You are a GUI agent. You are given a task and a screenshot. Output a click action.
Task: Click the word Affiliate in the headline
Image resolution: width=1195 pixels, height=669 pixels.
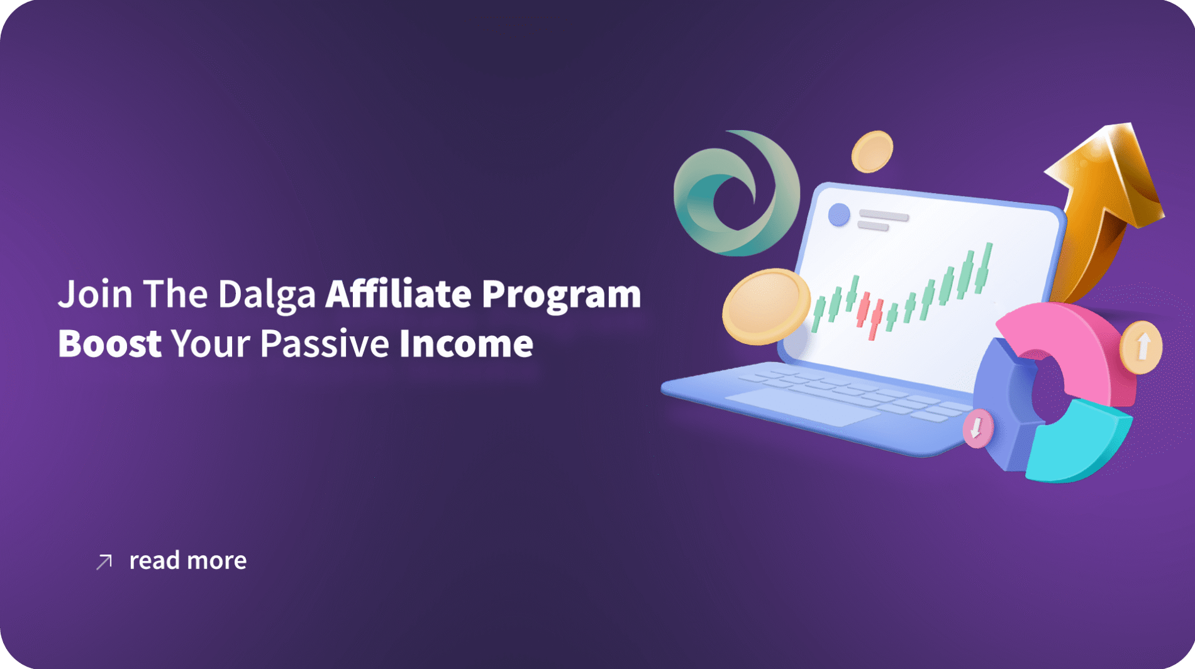tap(398, 294)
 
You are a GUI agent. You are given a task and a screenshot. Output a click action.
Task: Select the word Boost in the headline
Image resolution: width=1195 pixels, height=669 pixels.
tap(109, 343)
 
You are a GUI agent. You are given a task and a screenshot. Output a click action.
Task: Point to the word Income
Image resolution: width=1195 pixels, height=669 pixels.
tap(466, 343)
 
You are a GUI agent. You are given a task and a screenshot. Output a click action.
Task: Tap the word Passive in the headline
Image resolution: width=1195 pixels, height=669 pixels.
tap(325, 343)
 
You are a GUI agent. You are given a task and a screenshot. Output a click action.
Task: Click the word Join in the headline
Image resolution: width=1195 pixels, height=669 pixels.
tap(95, 294)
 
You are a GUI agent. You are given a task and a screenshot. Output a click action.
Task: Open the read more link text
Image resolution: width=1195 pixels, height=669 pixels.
tap(187, 560)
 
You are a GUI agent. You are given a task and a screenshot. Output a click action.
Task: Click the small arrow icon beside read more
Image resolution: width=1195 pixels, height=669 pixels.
tap(104, 561)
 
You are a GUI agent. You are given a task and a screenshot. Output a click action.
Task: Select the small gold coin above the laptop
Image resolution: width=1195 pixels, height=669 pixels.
tap(872, 152)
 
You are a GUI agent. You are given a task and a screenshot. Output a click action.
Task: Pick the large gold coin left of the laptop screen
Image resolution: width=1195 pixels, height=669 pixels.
tap(765, 307)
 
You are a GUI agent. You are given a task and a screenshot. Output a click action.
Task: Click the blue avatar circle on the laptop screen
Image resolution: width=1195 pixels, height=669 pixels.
tap(838, 214)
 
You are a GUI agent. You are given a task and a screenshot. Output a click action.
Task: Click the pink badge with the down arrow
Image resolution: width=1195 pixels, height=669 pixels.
tap(978, 428)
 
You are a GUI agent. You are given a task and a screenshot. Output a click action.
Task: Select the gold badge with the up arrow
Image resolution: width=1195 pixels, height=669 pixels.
tap(1142, 347)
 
